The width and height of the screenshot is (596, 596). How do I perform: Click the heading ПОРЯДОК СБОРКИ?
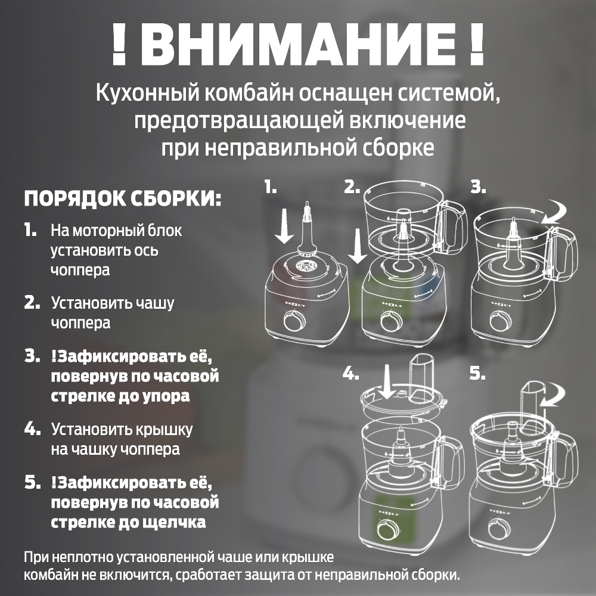pos(122,198)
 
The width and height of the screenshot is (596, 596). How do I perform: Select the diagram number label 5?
pos(477,374)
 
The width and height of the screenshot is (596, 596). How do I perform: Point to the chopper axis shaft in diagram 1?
pos(307,229)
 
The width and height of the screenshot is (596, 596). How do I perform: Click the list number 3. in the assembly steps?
pos(32,356)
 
